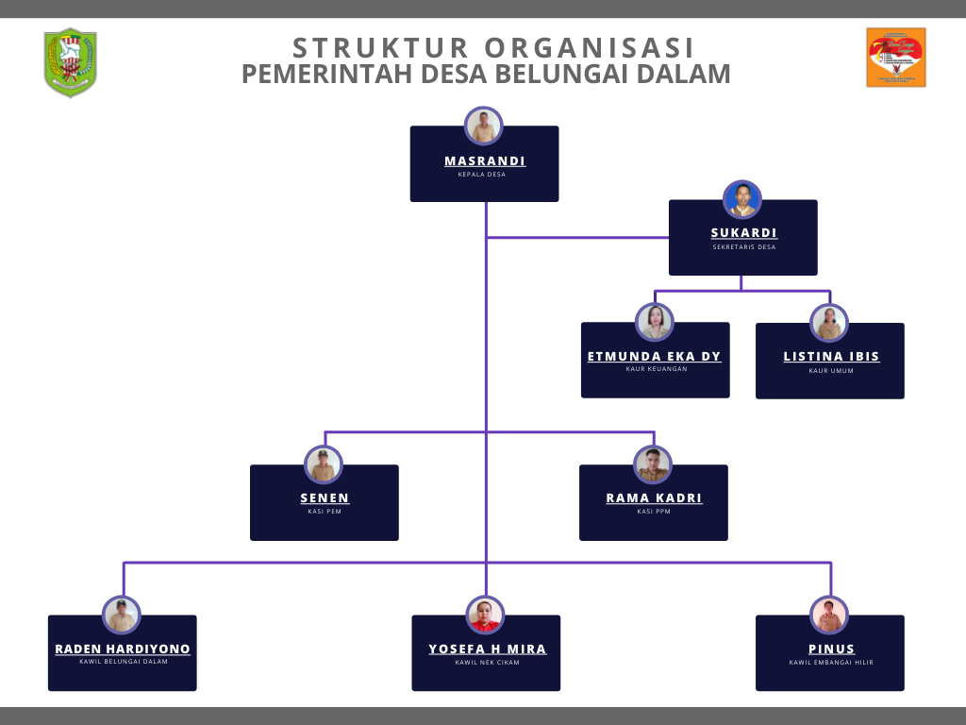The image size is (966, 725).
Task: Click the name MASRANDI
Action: (485, 160)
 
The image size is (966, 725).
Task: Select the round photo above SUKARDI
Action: (742, 199)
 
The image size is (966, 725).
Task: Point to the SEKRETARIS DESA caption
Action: (744, 247)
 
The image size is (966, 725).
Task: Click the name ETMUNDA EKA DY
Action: (655, 356)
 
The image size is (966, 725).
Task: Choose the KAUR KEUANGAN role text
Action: (657, 369)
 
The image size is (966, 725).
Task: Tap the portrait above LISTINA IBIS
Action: (829, 323)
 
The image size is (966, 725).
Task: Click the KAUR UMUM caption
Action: (831, 371)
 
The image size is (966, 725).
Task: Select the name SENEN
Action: (325, 497)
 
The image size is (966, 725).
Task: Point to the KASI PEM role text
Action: (325, 512)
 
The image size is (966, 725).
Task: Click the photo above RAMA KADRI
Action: (653, 464)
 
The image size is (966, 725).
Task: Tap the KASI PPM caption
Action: (654, 512)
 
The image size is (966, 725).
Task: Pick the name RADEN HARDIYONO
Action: (123, 649)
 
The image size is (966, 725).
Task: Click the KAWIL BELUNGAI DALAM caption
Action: (124, 662)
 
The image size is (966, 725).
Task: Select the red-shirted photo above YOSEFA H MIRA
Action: (485, 615)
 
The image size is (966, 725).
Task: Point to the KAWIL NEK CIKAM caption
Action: (487, 663)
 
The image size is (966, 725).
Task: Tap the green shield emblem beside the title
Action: (70, 62)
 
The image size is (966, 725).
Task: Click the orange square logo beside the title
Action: (896, 58)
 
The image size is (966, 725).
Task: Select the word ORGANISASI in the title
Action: (590, 47)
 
